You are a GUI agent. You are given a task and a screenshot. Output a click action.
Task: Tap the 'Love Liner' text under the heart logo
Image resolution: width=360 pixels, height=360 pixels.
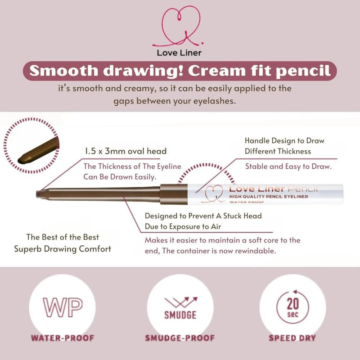click(179, 53)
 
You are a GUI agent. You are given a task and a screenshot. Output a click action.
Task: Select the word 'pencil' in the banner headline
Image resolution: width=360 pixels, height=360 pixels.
click(303, 71)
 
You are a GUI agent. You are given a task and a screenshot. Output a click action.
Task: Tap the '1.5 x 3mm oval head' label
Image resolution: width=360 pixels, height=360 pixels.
click(126, 151)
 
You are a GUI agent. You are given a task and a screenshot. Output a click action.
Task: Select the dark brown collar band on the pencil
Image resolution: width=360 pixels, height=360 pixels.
click(174, 194)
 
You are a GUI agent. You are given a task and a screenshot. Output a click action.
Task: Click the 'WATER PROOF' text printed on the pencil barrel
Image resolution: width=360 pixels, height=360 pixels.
click(247, 202)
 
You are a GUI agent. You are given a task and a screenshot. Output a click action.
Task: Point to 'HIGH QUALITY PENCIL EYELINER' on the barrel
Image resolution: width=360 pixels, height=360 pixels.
click(269, 196)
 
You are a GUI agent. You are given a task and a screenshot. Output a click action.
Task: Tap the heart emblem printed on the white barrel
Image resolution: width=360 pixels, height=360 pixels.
click(213, 194)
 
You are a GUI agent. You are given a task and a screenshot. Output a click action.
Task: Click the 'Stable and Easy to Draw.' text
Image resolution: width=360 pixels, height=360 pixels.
click(288, 166)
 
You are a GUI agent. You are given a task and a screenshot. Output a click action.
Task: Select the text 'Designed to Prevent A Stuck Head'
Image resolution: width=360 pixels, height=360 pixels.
click(203, 216)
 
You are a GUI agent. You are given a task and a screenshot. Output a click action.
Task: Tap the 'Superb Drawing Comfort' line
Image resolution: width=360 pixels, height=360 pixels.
click(63, 249)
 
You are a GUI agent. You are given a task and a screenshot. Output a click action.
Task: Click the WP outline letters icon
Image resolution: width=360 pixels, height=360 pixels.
click(63, 307)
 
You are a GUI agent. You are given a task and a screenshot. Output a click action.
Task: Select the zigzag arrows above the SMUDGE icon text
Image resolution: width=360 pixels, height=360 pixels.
click(181, 301)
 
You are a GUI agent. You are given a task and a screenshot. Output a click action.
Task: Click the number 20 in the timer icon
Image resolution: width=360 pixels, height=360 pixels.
click(292, 304)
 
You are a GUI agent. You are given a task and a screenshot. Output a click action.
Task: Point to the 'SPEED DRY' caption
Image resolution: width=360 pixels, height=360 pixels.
click(292, 338)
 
